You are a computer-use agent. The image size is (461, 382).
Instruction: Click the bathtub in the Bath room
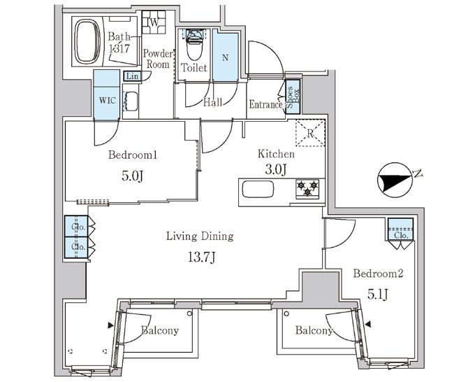point(87,41)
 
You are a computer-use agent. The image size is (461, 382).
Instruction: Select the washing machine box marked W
point(154,22)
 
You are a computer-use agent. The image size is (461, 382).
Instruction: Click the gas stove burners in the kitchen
point(307,188)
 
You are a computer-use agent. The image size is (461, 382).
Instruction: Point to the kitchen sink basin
point(258,189)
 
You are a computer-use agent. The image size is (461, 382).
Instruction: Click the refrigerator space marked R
point(310,133)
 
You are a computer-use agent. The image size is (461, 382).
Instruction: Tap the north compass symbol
point(395,180)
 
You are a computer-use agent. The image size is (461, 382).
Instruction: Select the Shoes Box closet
point(293,97)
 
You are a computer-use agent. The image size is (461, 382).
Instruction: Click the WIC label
point(108,101)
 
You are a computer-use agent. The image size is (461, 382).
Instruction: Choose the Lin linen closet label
point(132,76)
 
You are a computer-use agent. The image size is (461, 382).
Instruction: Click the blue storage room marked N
point(225,57)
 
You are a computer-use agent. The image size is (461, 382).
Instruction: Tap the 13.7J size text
point(202,258)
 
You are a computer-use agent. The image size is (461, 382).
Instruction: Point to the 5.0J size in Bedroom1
point(132,176)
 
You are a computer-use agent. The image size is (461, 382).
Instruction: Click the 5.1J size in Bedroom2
point(378,294)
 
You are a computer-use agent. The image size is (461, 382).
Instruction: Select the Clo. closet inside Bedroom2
point(401,229)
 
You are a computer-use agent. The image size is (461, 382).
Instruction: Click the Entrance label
point(266,104)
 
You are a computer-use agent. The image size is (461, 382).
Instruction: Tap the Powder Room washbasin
point(131,101)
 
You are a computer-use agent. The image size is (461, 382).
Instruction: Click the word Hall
point(212,102)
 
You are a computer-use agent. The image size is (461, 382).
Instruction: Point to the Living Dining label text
point(200,236)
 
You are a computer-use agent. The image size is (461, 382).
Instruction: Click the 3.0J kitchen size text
point(276,169)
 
